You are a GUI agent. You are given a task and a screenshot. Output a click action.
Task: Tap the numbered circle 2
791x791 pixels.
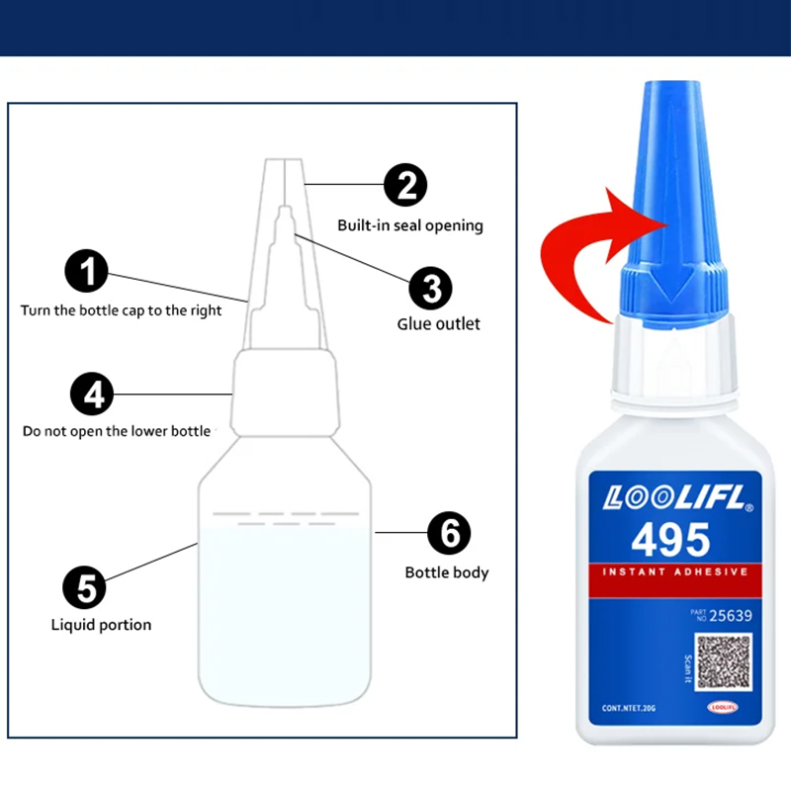point(405,186)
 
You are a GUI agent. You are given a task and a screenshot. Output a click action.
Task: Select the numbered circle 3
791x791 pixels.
point(431,289)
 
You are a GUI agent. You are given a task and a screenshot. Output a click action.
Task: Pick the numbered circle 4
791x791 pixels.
point(92,395)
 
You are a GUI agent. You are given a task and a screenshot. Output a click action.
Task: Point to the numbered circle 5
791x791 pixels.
point(85,588)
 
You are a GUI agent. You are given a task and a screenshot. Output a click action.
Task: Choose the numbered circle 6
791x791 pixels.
point(449,534)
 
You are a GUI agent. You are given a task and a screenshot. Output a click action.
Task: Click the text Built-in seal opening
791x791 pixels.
point(410,225)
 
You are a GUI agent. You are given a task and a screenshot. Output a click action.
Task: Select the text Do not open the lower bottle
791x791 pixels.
point(117,431)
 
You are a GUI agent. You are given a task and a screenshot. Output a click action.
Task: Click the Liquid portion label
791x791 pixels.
point(101,625)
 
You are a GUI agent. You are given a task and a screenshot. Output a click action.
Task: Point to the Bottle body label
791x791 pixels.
point(447,572)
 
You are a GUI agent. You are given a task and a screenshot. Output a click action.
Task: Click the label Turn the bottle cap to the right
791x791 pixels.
point(122,310)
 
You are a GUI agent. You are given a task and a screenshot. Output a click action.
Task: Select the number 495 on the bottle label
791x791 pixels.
point(670,540)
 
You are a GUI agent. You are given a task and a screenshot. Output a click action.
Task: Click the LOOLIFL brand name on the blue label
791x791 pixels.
point(670,498)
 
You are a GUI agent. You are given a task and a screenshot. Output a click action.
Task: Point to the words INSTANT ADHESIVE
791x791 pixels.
point(669,572)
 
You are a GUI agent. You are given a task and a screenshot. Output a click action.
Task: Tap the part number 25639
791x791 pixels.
point(732,617)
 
